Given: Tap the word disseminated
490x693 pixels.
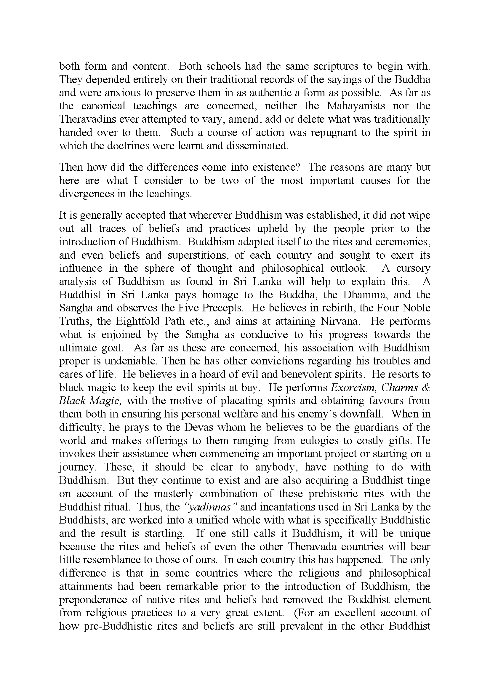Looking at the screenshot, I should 257,146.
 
